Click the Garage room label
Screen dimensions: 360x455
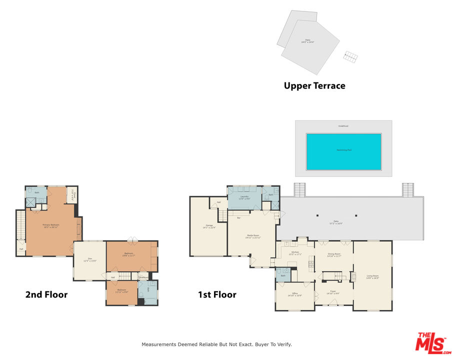pos(208,226)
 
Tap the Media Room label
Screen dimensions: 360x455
pos(252,236)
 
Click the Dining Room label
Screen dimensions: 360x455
pos(334,254)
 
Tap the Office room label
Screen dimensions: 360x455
pos(294,294)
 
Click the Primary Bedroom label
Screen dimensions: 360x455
pos(51,225)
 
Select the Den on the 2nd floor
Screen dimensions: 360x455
pos(89,259)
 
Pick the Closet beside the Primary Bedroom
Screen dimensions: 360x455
pos(71,194)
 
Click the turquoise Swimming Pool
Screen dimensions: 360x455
pos(343,151)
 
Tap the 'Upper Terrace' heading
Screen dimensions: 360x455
pos(314,85)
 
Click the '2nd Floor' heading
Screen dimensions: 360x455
pos(46,294)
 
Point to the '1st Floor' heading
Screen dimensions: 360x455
pos(217,294)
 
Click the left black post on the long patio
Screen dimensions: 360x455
pos(317,216)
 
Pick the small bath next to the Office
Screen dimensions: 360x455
pos(282,274)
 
